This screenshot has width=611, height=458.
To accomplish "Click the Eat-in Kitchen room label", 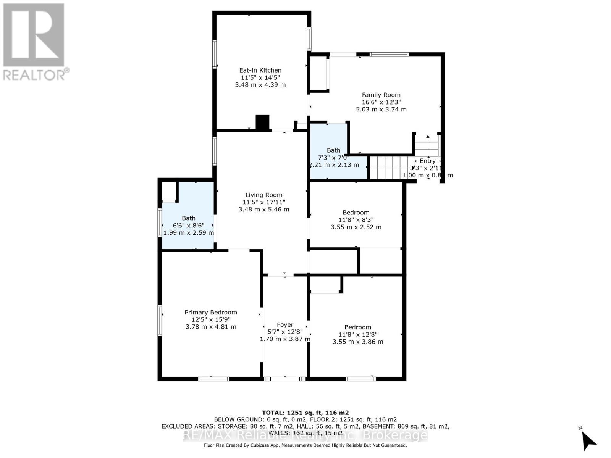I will (x=260, y=70).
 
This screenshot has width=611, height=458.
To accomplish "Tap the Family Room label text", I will (x=381, y=95).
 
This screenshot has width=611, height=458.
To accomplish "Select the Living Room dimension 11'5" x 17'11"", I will (x=264, y=202).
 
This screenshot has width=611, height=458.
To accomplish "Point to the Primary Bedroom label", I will (x=211, y=312).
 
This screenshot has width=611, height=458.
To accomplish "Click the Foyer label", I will (x=285, y=325).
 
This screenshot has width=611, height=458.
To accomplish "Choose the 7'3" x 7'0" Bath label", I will (x=333, y=158).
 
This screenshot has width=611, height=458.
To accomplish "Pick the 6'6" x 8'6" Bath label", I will (x=188, y=225).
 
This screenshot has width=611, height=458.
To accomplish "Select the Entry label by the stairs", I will (x=427, y=161).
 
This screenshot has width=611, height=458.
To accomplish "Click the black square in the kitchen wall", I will (x=262, y=123).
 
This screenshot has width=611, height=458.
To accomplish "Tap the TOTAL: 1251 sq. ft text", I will (x=305, y=413).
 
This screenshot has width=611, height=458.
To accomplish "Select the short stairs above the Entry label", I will (x=427, y=145).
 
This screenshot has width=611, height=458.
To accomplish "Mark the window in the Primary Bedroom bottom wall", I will (x=213, y=379).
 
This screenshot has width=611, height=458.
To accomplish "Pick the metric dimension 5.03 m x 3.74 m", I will (x=381, y=109).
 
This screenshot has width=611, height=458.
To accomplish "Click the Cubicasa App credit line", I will (x=305, y=445).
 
